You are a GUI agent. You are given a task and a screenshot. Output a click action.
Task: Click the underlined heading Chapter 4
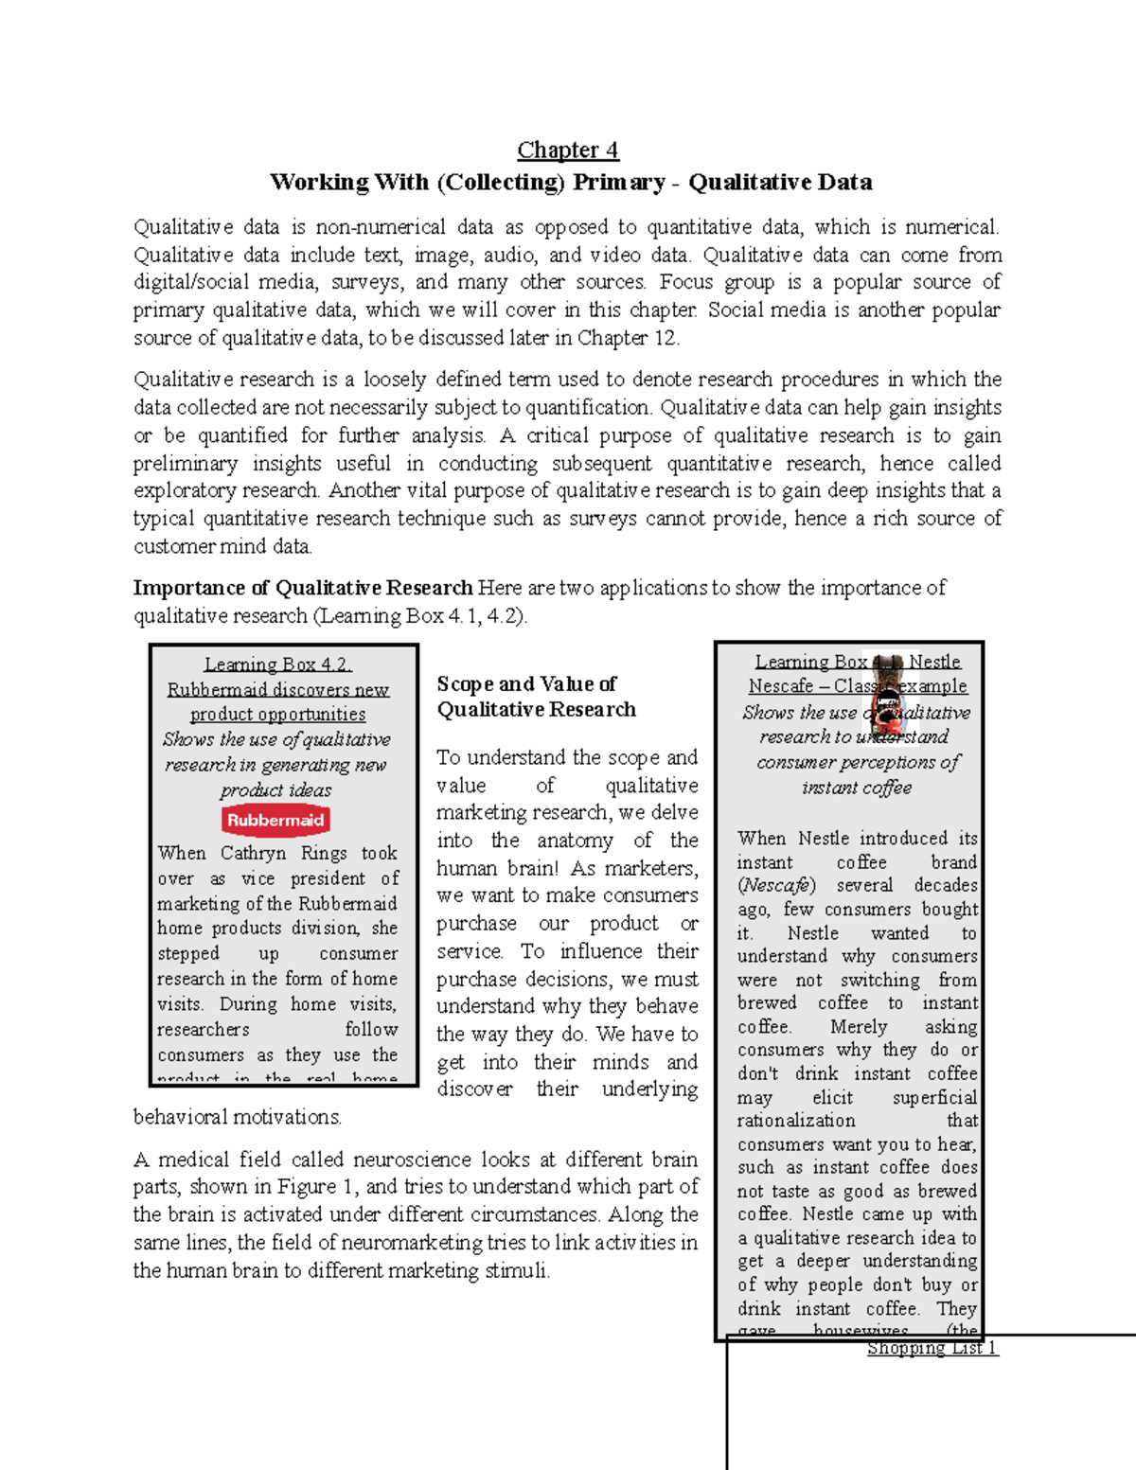[x=567, y=151]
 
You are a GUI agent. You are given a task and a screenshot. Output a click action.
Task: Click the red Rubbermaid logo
[x=275, y=821]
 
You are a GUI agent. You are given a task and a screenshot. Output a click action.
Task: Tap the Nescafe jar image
[x=887, y=696]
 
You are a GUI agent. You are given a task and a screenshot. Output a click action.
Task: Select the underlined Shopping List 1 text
[x=932, y=1348]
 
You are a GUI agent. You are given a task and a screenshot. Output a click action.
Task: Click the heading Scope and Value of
[x=526, y=684]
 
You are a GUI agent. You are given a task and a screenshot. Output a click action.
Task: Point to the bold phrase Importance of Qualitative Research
[x=303, y=588]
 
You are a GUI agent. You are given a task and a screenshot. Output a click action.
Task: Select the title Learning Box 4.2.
[x=277, y=664]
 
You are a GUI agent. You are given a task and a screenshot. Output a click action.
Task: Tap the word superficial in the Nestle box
[x=934, y=1098]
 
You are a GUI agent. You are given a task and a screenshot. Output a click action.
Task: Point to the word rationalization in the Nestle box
[x=796, y=1121]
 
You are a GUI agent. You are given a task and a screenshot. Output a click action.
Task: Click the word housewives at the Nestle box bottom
[x=861, y=1330]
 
